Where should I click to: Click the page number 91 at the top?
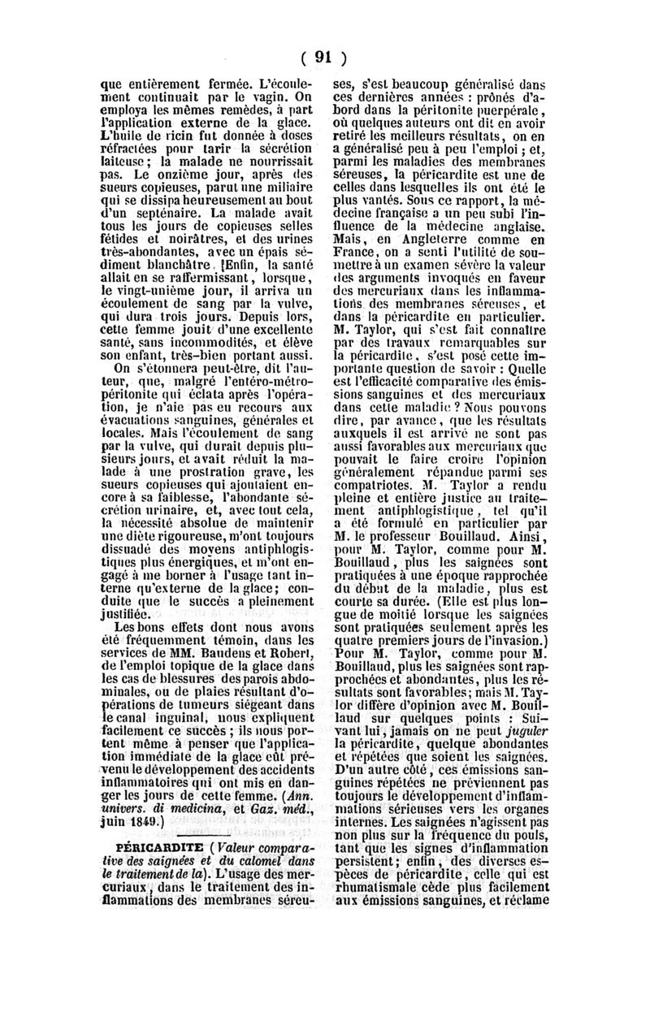tap(324, 57)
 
